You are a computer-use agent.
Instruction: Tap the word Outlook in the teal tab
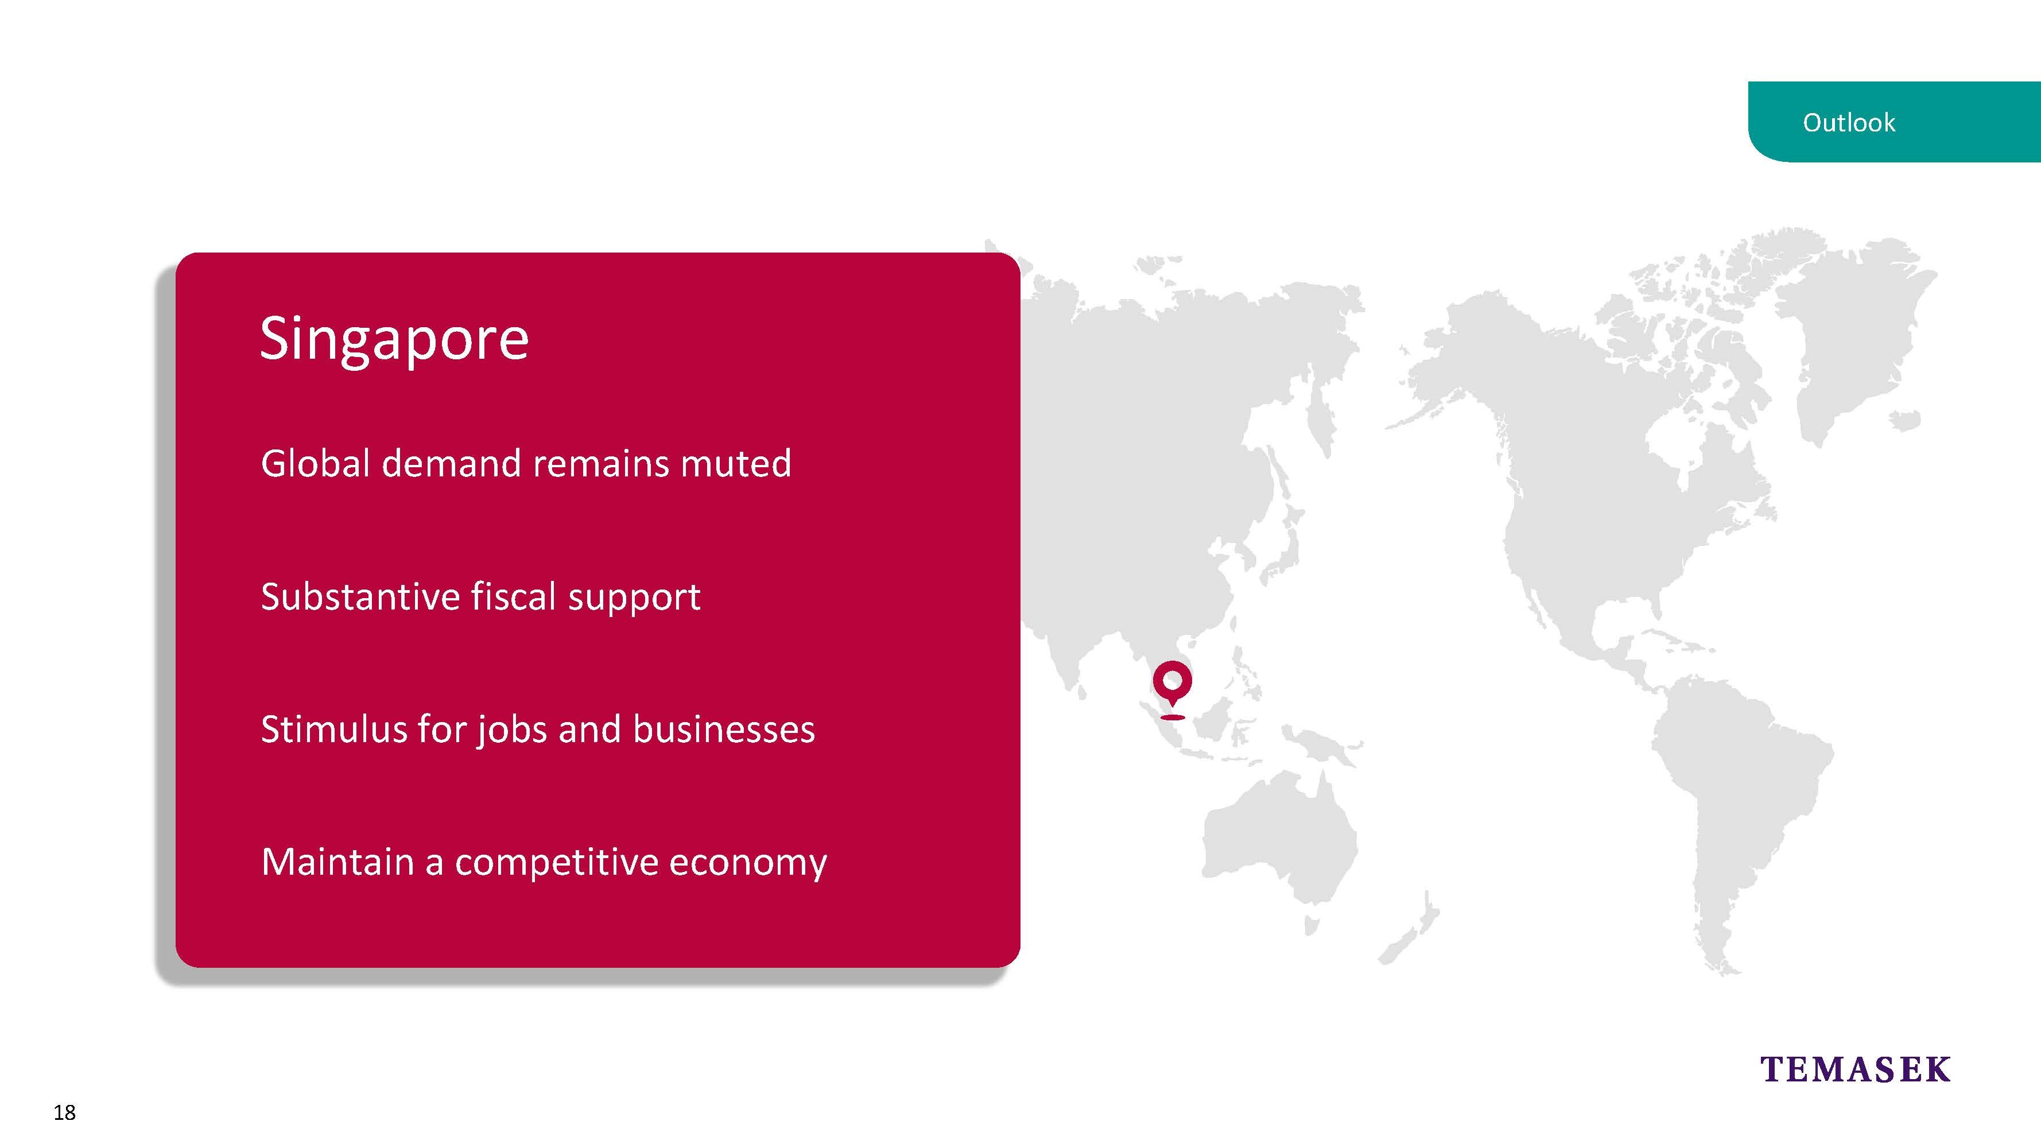pyautogui.click(x=1849, y=123)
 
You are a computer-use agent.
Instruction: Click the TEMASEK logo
pyautogui.click(x=1855, y=1069)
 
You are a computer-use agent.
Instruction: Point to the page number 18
pyautogui.click(x=64, y=1112)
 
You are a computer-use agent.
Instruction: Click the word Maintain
pyautogui.click(x=337, y=862)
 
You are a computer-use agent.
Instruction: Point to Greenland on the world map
pyautogui.click(x=1854, y=333)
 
